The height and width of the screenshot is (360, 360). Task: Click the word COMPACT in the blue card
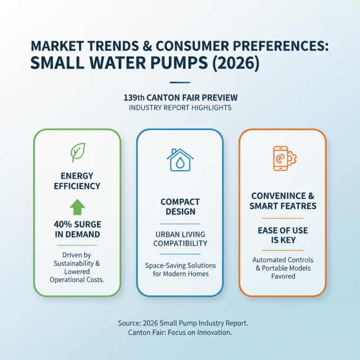point(180,201)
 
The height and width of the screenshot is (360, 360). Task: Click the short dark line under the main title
point(180,82)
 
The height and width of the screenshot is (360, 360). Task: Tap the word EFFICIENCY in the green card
point(77,186)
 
